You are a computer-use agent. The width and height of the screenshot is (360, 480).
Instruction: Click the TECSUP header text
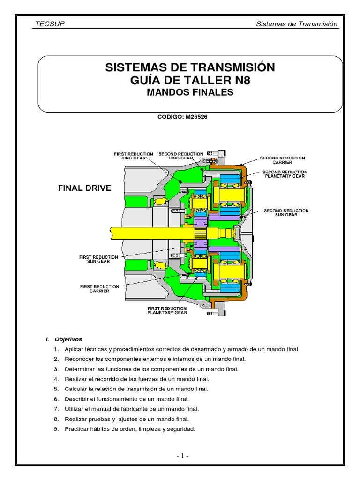point(50,24)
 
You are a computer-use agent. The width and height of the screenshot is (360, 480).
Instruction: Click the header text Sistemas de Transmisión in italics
point(297,24)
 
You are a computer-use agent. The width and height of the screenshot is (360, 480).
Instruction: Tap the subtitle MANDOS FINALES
point(190,92)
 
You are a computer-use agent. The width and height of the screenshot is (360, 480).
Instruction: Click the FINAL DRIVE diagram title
point(84,188)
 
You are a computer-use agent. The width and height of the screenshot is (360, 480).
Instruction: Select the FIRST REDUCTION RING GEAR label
point(134,156)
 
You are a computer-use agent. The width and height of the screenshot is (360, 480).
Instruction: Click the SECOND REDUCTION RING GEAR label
point(180,156)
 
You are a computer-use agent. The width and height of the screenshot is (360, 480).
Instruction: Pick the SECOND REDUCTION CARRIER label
point(282,160)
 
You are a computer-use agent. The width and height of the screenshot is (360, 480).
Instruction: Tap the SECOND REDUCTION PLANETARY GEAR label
point(284,174)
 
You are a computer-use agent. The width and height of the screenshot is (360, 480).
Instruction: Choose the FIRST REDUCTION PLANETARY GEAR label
point(166,311)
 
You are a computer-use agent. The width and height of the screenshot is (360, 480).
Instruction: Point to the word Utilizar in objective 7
point(75,409)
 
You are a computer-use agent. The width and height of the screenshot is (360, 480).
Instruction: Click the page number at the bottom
point(182,456)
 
